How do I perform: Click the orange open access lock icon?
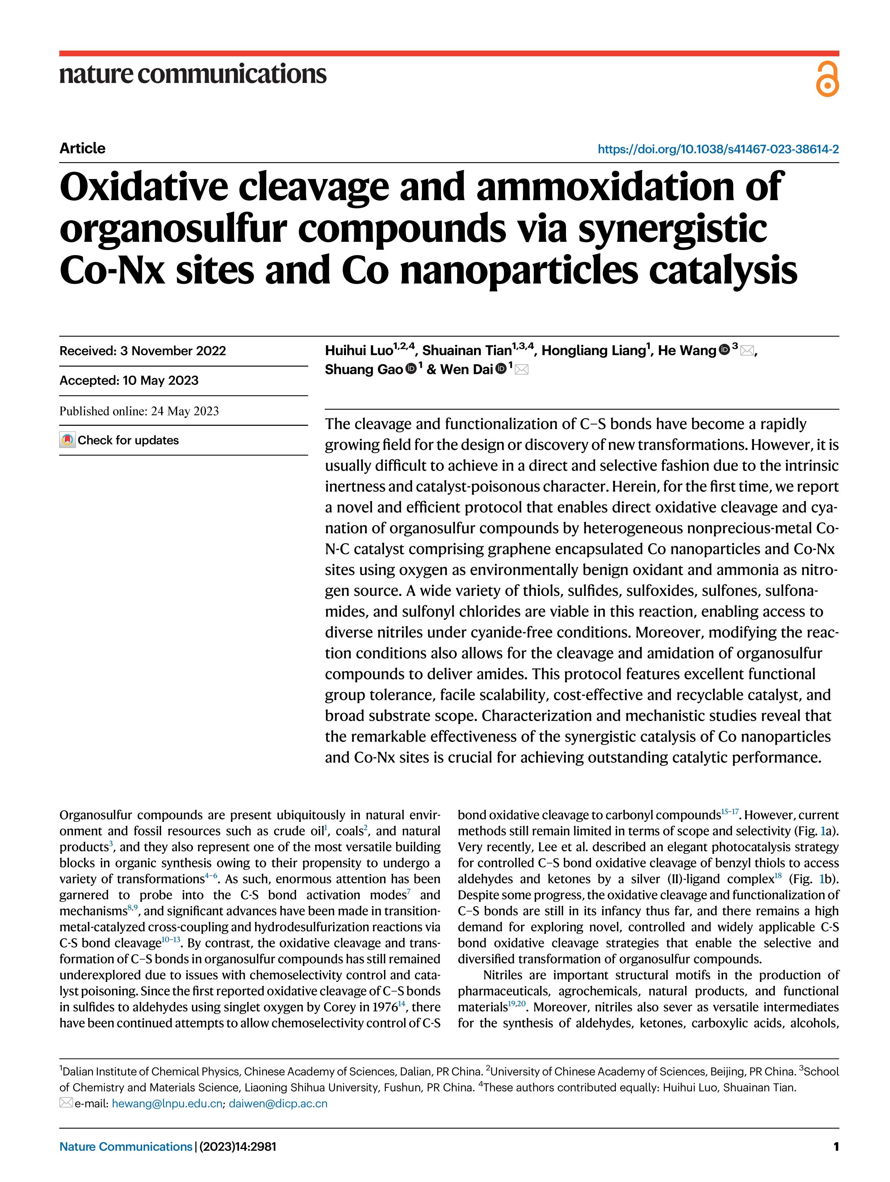(827, 79)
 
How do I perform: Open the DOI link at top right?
(718, 149)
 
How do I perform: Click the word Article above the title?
(82, 148)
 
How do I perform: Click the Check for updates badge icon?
(67, 440)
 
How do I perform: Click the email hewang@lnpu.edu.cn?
(167, 1103)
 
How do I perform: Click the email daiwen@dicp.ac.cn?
(278, 1103)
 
